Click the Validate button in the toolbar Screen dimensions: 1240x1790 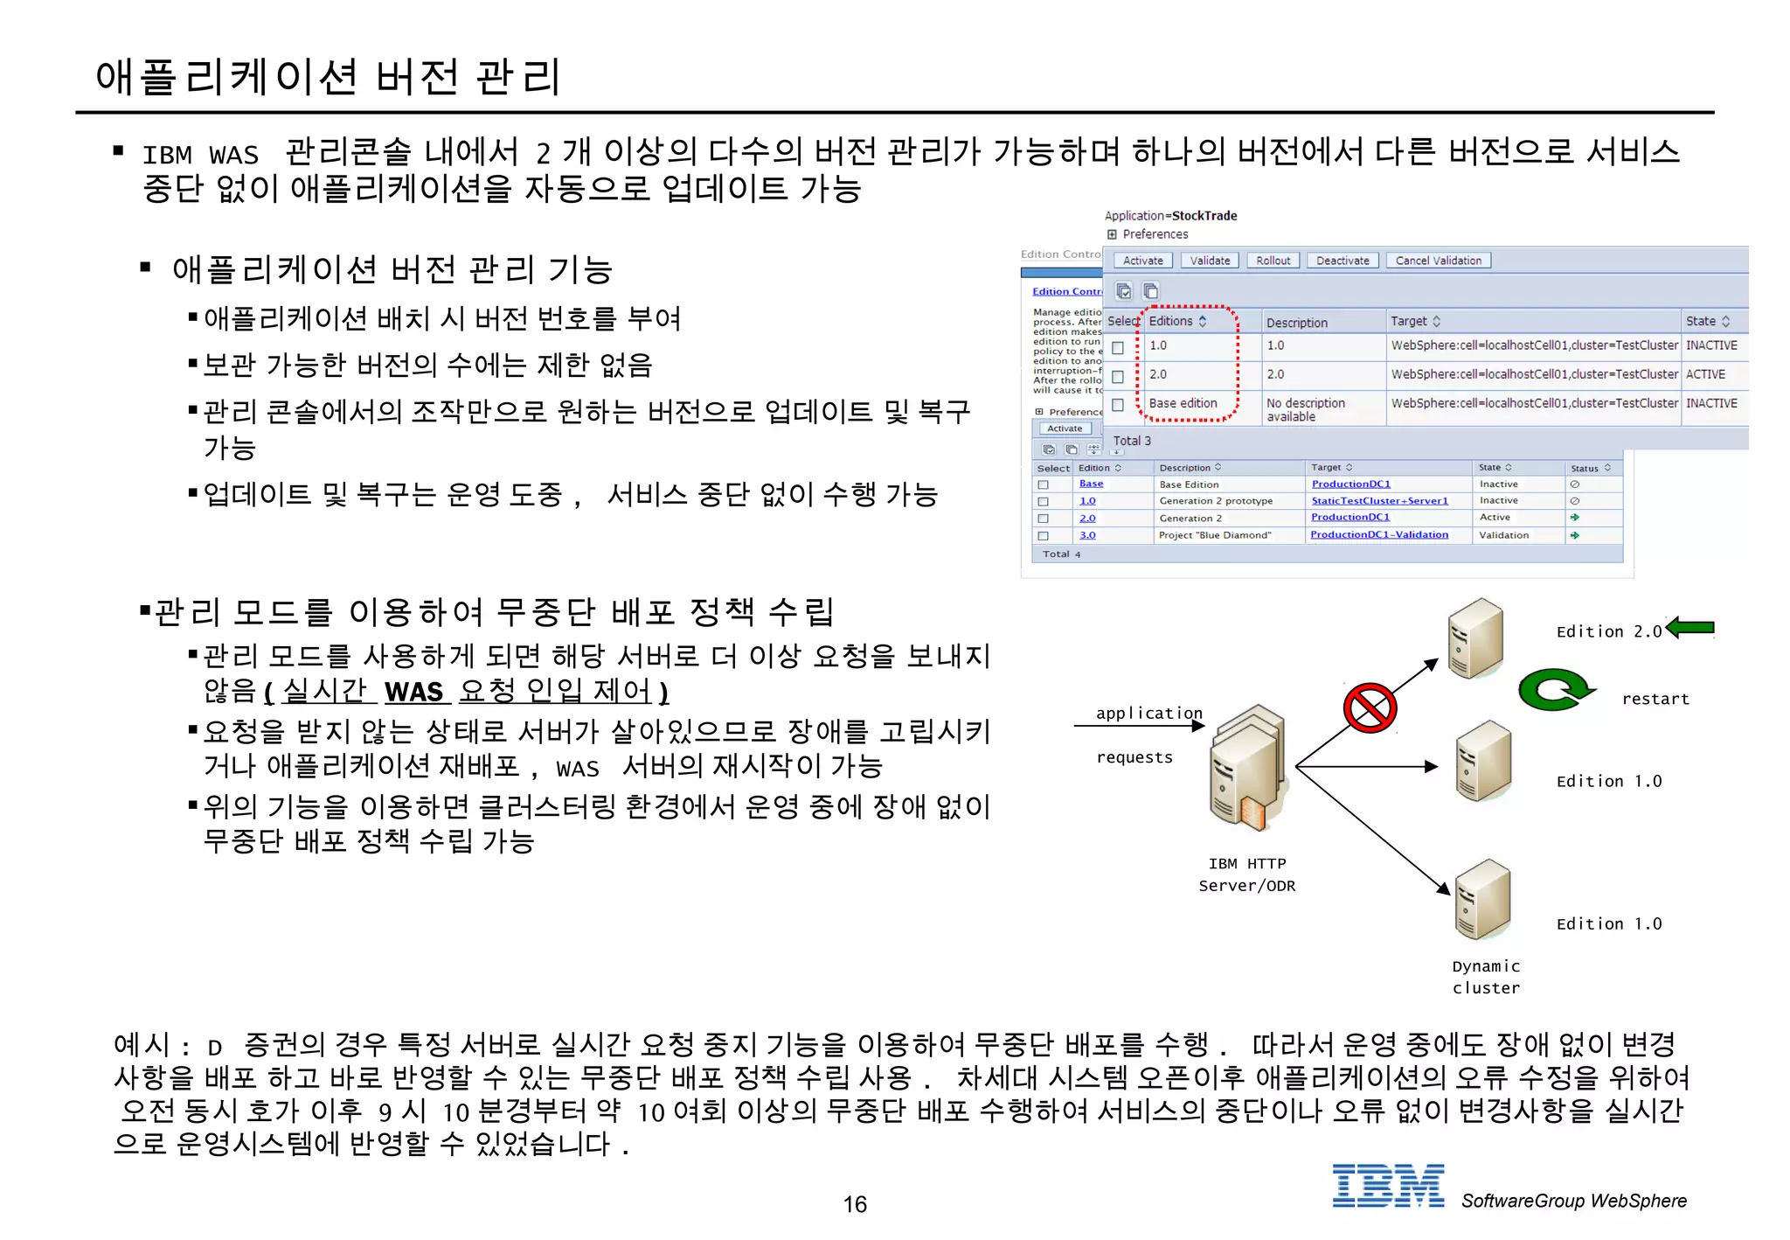tap(1210, 261)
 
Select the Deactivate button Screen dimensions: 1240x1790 tap(1342, 261)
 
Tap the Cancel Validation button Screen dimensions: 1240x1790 tap(1438, 261)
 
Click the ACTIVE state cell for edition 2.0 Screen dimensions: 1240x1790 tap(1705, 374)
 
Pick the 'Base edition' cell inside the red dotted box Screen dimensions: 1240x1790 tap(1183, 403)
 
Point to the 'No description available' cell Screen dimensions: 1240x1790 tap(1306, 409)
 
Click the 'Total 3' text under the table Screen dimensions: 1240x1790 tap(1132, 441)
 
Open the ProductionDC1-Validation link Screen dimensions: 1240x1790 tap(1378, 535)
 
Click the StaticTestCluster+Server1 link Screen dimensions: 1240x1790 tap(1379, 501)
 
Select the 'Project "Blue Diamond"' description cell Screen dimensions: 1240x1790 tap(1215, 535)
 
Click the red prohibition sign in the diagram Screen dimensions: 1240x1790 tap(1369, 707)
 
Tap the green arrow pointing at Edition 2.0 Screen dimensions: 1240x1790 tap(1690, 627)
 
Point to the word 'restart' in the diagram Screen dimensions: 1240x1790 tap(1655, 699)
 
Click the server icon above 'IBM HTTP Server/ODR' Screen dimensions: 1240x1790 tap(1247, 769)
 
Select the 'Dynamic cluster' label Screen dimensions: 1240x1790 tap(1486, 977)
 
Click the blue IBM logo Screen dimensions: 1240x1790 tap(1388, 1186)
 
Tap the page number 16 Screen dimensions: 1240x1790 tap(855, 1204)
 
